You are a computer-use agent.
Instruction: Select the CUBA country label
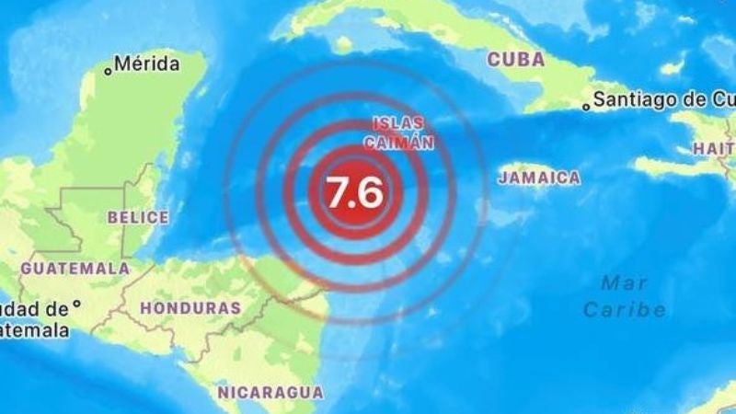point(515,60)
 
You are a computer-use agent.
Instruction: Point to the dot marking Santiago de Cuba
point(586,107)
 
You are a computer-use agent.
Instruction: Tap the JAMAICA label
point(540,178)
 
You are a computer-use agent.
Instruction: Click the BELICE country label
point(138,218)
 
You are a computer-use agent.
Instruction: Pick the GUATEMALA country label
point(75,269)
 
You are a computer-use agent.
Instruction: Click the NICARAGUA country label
point(270,393)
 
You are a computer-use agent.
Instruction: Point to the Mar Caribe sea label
point(625,295)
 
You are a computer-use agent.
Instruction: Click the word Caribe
point(625,309)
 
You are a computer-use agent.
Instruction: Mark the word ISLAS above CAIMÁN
point(398,123)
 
